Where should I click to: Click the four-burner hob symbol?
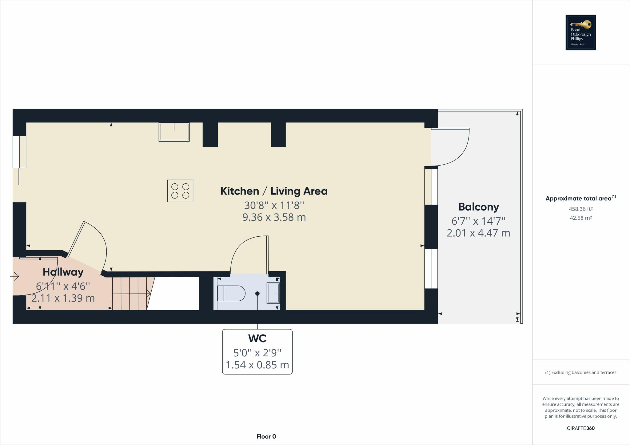[180, 191]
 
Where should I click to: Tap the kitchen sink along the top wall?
[174, 132]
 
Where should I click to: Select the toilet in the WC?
[231, 293]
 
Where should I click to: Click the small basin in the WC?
[273, 293]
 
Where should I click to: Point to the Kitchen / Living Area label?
[274, 191]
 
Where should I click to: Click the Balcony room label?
[478, 207]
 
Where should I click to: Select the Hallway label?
[63, 272]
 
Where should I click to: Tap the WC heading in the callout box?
[257, 339]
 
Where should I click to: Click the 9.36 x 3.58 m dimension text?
[274, 217]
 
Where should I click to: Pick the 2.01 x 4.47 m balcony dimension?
[478, 233]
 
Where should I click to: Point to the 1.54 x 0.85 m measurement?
[257, 365]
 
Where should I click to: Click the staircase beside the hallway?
[131, 294]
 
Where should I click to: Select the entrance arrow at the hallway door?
[14, 276]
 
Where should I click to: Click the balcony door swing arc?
[461, 154]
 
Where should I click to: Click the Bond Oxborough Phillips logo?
[580, 32]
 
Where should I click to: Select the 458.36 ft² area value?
[580, 209]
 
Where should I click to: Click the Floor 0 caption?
[266, 436]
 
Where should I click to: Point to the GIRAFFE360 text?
[580, 428]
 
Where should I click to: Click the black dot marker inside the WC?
[257, 294]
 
